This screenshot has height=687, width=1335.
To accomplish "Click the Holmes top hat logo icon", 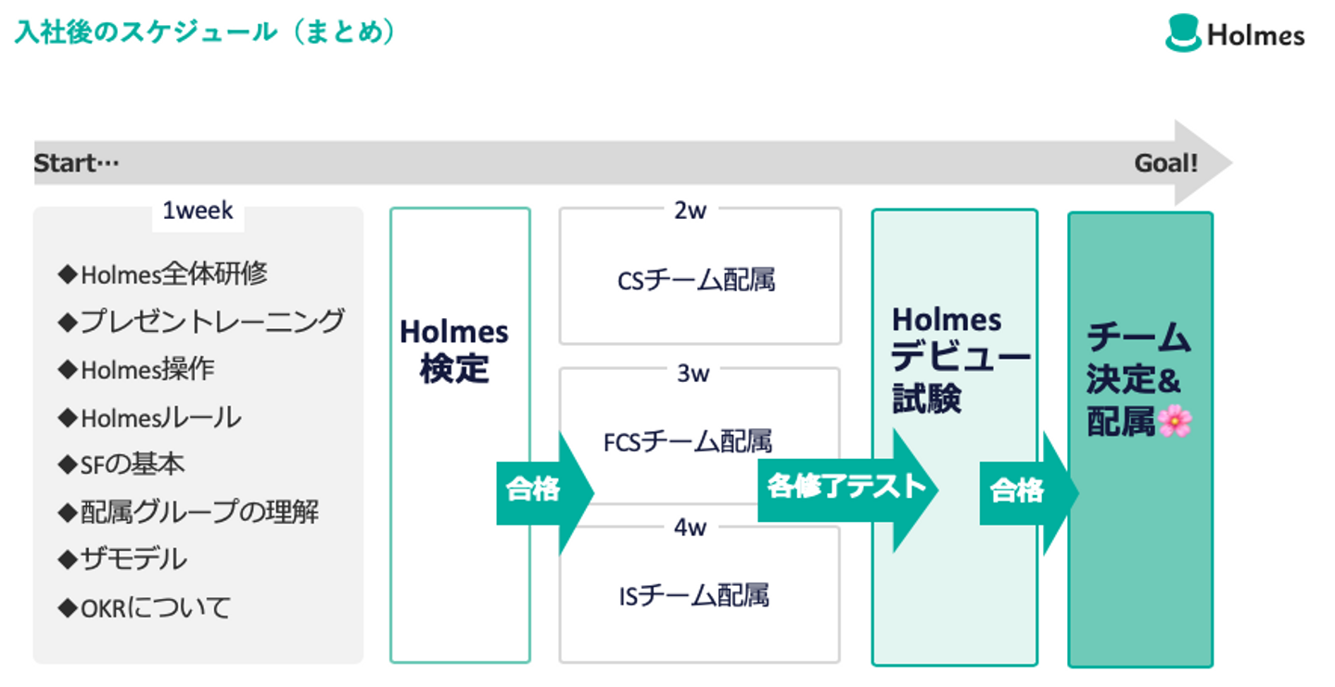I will [x=1183, y=33].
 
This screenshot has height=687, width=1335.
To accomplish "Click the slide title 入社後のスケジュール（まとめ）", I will [x=206, y=32].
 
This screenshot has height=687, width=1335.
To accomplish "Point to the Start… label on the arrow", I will [x=77, y=164].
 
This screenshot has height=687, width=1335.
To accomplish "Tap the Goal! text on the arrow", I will [x=1166, y=164].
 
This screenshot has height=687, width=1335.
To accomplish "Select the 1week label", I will [x=197, y=210].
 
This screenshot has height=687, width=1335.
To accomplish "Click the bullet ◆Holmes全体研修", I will [x=163, y=274].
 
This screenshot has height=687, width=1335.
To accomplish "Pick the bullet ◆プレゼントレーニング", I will [x=201, y=322].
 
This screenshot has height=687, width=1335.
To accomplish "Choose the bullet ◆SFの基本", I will [x=121, y=464].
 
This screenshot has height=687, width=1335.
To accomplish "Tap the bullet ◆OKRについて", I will [x=145, y=608].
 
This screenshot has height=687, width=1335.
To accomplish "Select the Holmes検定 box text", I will [x=454, y=350].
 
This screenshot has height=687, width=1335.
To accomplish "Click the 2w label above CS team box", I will [x=691, y=210].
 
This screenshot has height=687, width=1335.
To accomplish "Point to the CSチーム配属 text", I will [x=696, y=280].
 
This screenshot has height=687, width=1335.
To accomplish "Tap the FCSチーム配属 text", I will [x=688, y=440].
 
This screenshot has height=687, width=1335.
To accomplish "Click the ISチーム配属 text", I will [x=694, y=594].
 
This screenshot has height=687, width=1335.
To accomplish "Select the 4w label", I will [x=691, y=528].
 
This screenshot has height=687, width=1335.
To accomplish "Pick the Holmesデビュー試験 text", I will [x=955, y=359].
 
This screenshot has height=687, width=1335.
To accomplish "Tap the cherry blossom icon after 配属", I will [x=1175, y=422].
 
